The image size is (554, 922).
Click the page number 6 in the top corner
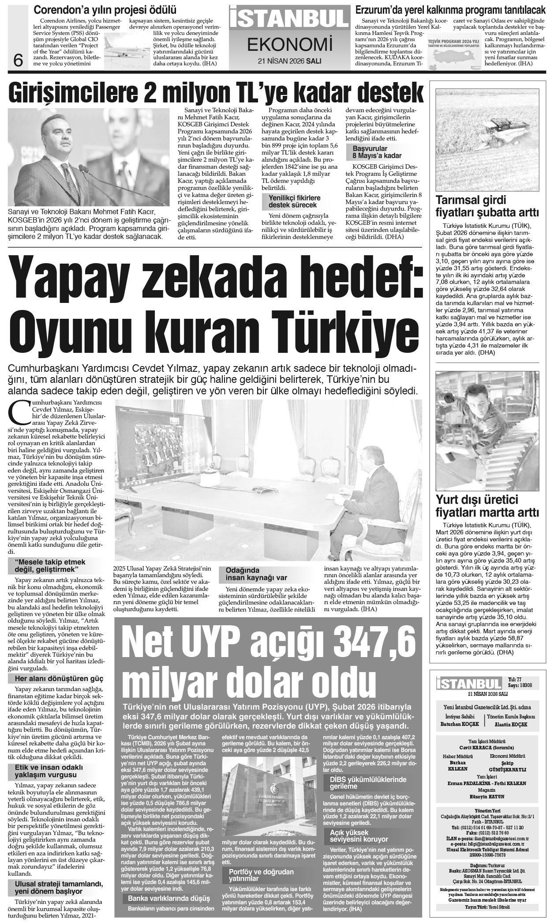pos(18,60)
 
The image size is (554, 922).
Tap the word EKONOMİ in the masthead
pos(289,44)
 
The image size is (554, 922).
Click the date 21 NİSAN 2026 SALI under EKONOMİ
pos(289,61)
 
